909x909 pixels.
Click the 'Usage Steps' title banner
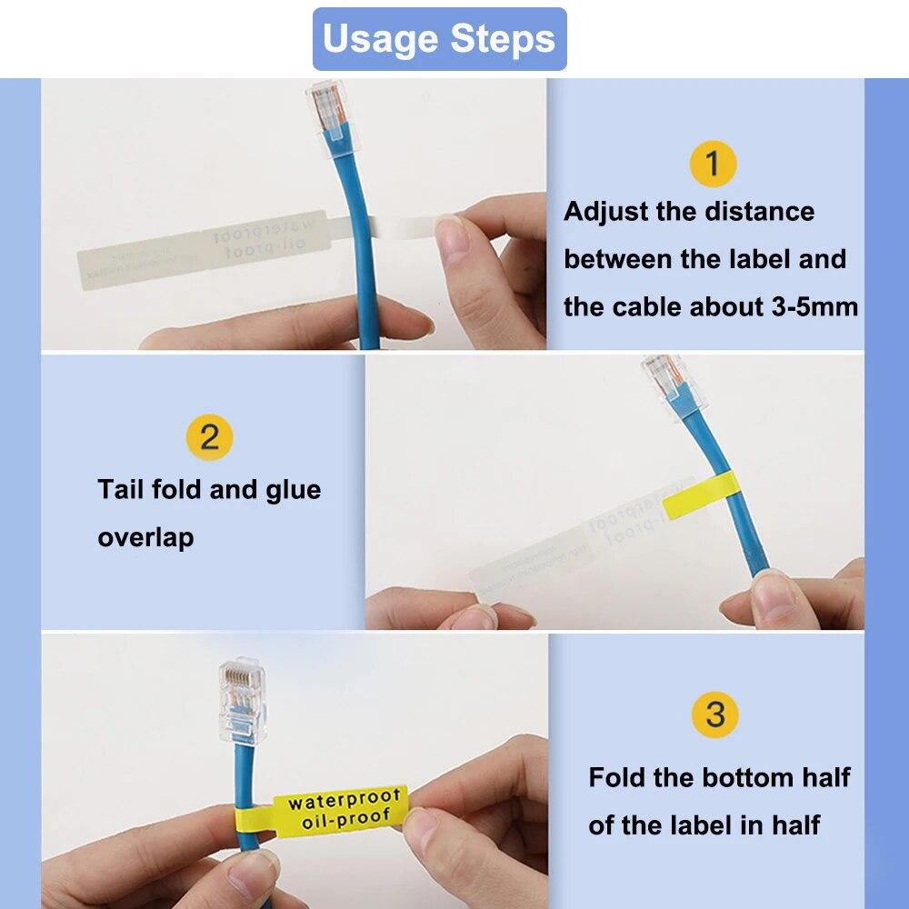click(439, 39)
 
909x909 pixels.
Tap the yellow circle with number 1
click(712, 164)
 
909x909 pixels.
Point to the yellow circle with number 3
click(715, 714)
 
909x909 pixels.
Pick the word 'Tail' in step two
click(122, 490)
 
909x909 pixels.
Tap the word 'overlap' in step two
click(145, 537)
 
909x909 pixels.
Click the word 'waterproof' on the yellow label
click(344, 800)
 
